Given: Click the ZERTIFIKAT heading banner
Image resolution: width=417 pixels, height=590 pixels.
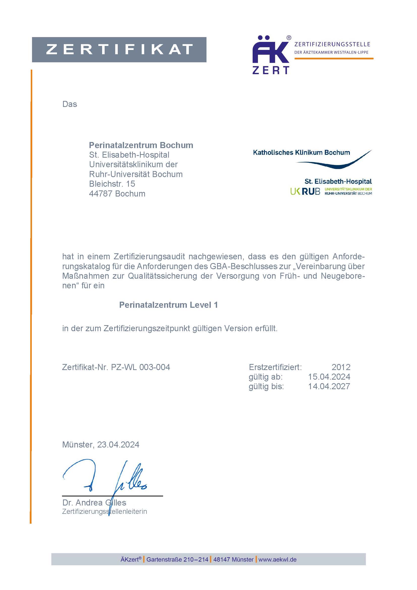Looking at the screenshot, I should [119, 49].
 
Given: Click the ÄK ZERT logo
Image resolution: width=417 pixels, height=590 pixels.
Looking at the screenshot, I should [271, 55].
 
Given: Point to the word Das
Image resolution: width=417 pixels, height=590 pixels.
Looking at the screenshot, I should [70, 104].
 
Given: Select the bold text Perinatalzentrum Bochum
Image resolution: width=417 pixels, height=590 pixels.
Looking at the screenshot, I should [141, 145].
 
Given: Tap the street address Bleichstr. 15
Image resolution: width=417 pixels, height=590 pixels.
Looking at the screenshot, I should [112, 184].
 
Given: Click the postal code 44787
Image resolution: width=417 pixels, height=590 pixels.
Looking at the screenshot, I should [101, 193].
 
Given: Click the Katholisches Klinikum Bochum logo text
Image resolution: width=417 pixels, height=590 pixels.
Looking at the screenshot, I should [301, 152].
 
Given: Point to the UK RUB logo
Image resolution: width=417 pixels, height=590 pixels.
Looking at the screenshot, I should [305, 191].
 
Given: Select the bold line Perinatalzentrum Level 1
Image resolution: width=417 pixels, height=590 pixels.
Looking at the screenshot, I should [168, 305].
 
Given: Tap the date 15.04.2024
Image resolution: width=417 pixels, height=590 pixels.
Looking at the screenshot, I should [329, 377].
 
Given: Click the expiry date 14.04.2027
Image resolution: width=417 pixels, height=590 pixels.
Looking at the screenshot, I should [329, 386].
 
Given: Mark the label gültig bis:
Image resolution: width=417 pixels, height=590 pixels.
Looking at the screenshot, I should [266, 386].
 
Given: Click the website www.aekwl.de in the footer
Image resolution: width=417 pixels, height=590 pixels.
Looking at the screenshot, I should [277, 559].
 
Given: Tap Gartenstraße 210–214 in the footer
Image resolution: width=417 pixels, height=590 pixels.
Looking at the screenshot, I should [177, 559].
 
